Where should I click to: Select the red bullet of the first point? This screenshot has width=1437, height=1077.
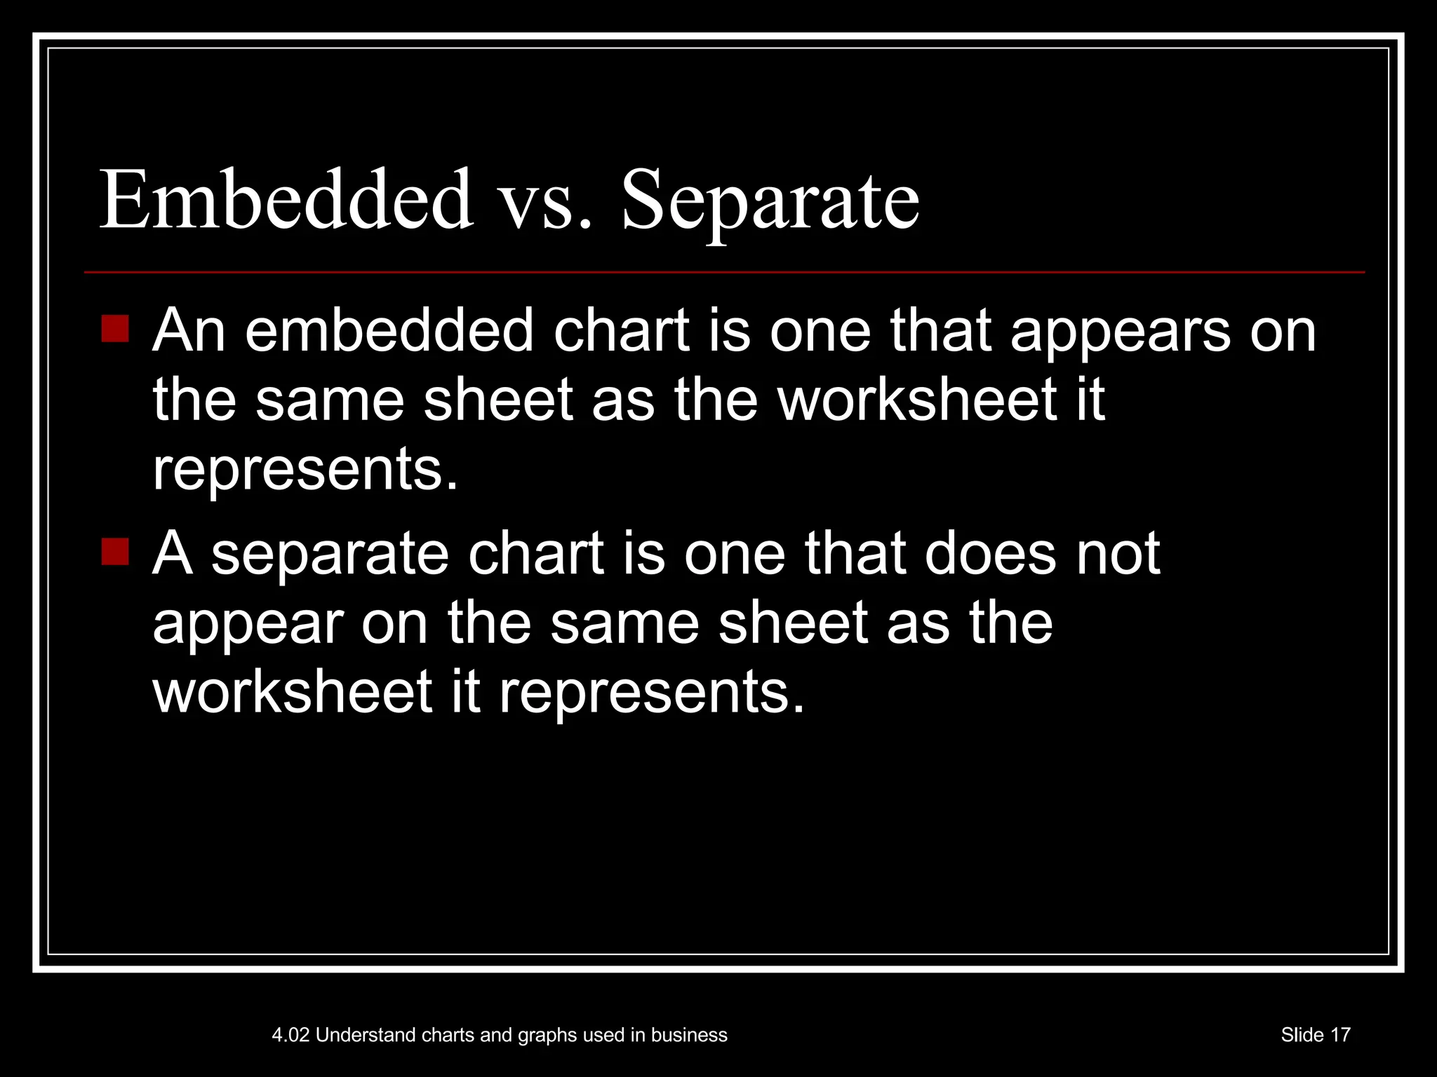115,329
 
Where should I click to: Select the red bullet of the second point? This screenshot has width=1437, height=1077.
115,551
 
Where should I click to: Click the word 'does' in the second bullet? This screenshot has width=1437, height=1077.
990,554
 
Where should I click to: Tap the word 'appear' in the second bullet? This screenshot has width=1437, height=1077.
248,625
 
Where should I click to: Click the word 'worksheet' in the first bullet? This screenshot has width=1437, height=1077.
917,400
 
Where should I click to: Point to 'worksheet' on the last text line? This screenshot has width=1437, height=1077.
292,692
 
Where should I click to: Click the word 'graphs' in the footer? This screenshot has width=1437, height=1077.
546,1036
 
